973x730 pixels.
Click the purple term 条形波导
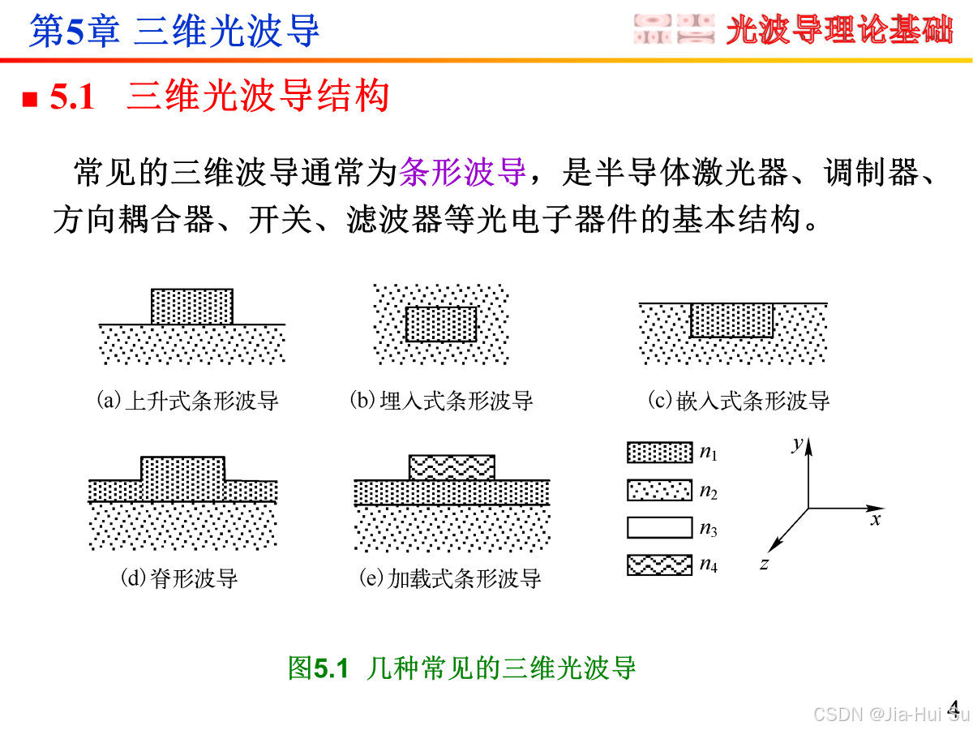(x=464, y=172)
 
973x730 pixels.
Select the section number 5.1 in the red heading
(x=73, y=98)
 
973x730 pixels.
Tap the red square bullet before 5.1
(x=30, y=99)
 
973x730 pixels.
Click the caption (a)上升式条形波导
(x=187, y=401)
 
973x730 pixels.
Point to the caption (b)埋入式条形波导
(x=441, y=401)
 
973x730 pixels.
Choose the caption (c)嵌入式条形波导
(x=739, y=401)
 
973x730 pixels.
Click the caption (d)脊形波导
(x=179, y=578)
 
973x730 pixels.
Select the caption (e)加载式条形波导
(x=450, y=578)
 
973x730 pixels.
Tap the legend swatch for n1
(x=659, y=453)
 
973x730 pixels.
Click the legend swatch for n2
(x=659, y=490)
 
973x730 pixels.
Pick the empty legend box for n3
(x=659, y=528)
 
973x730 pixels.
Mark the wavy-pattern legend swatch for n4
(x=659, y=565)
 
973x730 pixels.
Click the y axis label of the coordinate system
(x=798, y=443)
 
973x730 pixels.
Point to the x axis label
(x=876, y=520)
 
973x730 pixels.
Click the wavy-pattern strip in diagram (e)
(x=452, y=467)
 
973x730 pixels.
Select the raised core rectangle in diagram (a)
(x=192, y=307)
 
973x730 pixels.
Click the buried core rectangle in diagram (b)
(x=441, y=324)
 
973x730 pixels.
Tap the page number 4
(x=954, y=707)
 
